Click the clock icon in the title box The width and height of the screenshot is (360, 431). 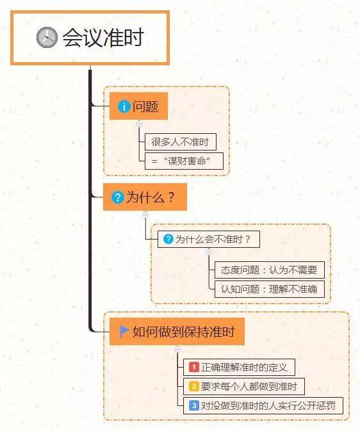tap(47, 37)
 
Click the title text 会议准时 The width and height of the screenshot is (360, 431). tap(103, 37)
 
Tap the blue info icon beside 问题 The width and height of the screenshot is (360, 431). tap(124, 106)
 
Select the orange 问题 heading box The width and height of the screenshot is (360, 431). tap(138, 106)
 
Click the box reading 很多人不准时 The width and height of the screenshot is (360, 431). tap(181, 142)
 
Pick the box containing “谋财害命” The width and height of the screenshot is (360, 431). tap(184, 161)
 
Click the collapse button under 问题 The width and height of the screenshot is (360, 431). tap(140, 124)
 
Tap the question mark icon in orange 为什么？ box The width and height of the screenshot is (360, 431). tap(118, 197)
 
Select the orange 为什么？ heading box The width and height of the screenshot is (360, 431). tap(145, 197)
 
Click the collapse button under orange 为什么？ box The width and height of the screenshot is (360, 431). tap(146, 215)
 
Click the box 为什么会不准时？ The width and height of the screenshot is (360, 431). tap(209, 239)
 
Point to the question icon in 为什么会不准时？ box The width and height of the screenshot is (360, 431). tap(168, 239)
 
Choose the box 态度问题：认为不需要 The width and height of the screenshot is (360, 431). tap(270, 270)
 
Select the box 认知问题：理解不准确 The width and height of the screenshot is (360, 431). tap(270, 289)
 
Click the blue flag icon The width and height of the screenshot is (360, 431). tap(124, 332)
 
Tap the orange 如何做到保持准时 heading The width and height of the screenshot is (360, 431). tap(177, 332)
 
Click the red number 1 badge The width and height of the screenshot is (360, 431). tap(194, 367)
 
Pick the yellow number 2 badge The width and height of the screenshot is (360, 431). tap(194, 386)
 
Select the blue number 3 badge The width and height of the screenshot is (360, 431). tap(194, 405)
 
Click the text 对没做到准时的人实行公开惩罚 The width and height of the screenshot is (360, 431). tap(268, 406)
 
